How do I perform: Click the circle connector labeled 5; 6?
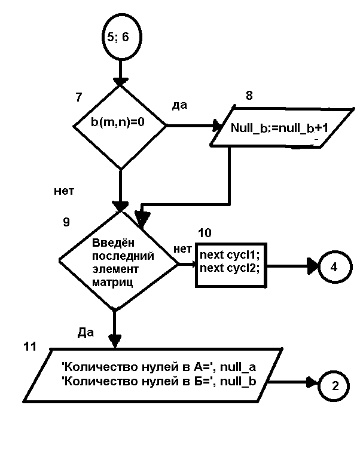[120, 37]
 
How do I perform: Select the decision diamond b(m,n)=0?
[120, 127]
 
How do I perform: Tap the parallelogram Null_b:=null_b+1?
[280, 127]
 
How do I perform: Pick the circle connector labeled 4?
[334, 266]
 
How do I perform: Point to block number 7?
[79, 96]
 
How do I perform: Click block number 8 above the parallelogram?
[249, 96]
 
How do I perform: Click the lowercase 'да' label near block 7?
[179, 105]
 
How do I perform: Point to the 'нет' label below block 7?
[64, 191]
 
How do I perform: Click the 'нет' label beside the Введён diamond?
[182, 248]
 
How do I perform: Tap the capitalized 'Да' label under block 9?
[86, 332]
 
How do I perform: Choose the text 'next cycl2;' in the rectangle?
[230, 267]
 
